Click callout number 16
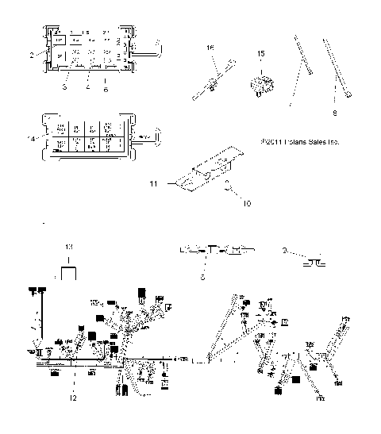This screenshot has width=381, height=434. tap(210, 48)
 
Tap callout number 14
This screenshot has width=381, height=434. tap(31, 140)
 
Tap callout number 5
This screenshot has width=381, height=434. tap(203, 278)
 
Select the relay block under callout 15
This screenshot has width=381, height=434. tap(261, 82)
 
